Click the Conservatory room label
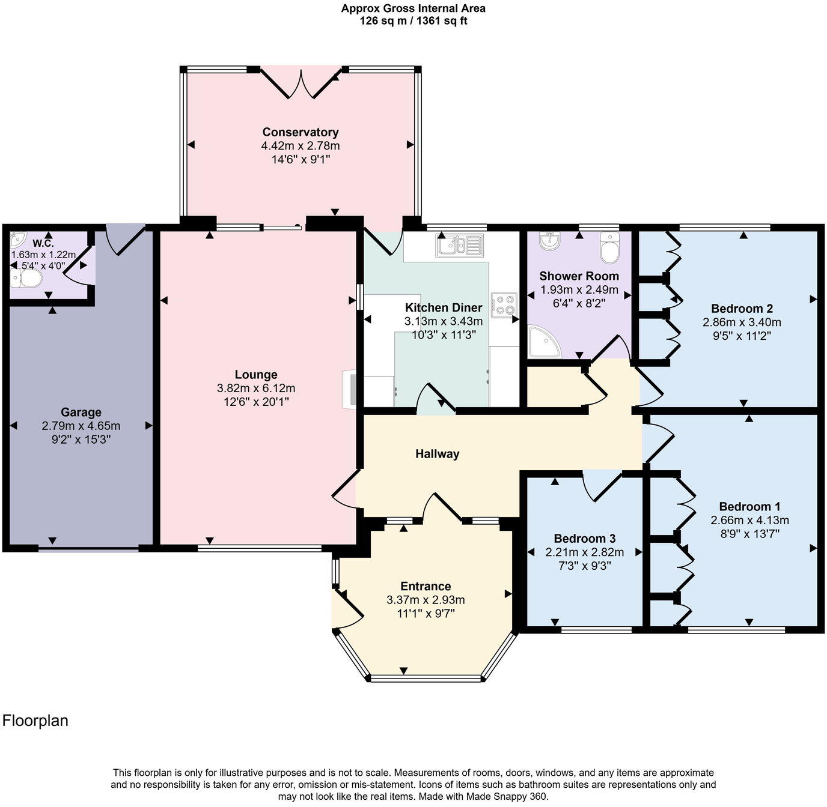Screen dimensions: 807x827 point(300,132)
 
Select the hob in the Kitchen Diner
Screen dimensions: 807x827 point(504,304)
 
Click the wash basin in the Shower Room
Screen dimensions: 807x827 point(549,241)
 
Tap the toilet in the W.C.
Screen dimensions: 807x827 point(28,279)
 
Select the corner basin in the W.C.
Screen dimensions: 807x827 point(16,240)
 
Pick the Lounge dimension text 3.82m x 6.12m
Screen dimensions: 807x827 point(256,388)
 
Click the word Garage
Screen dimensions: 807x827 point(81,413)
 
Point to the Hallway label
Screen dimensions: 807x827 point(437,454)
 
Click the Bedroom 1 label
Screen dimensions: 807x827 point(749,506)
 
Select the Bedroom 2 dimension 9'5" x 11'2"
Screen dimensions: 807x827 point(742,336)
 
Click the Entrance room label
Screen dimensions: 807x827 point(426,586)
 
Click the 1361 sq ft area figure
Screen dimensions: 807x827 point(438,21)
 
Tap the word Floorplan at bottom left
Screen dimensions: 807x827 point(35,721)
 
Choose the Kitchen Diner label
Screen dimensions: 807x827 point(443,307)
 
